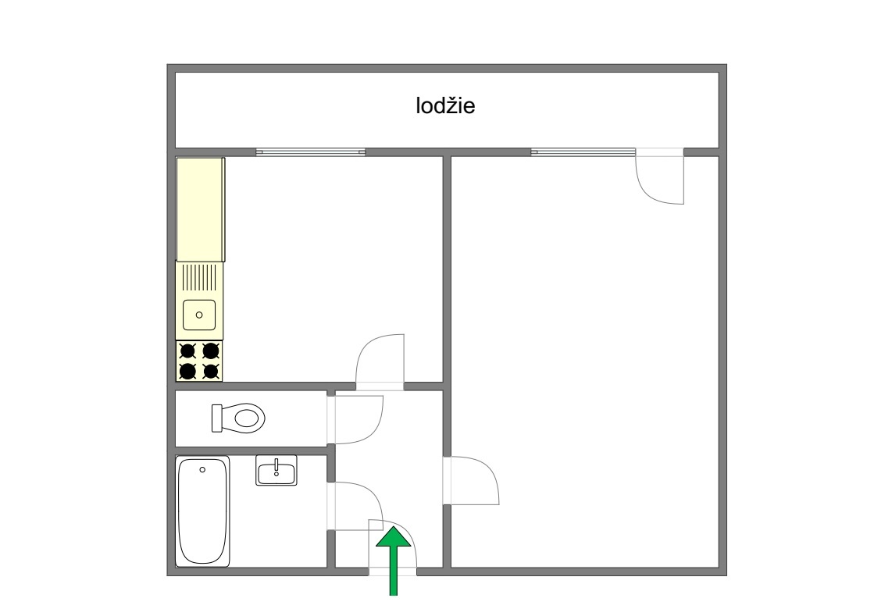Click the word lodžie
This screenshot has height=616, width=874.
tap(445, 105)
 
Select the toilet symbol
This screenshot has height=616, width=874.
tap(238, 418)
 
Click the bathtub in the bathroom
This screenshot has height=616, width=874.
tap(203, 511)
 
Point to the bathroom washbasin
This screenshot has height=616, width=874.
tap(276, 470)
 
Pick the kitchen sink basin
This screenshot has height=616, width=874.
tap(199, 315)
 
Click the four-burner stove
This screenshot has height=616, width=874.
tap(199, 361)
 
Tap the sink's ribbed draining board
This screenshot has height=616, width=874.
tap(199, 277)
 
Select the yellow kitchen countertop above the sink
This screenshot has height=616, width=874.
tap(201, 209)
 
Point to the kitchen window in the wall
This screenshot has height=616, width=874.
tap(311, 152)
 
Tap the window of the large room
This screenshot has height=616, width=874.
tap(583, 152)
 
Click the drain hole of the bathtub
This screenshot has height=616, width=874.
tap(202, 469)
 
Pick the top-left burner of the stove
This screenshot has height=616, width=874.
tap(187, 351)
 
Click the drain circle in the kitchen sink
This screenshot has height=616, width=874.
tap(199, 315)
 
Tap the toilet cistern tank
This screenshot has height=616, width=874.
tap(217, 418)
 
